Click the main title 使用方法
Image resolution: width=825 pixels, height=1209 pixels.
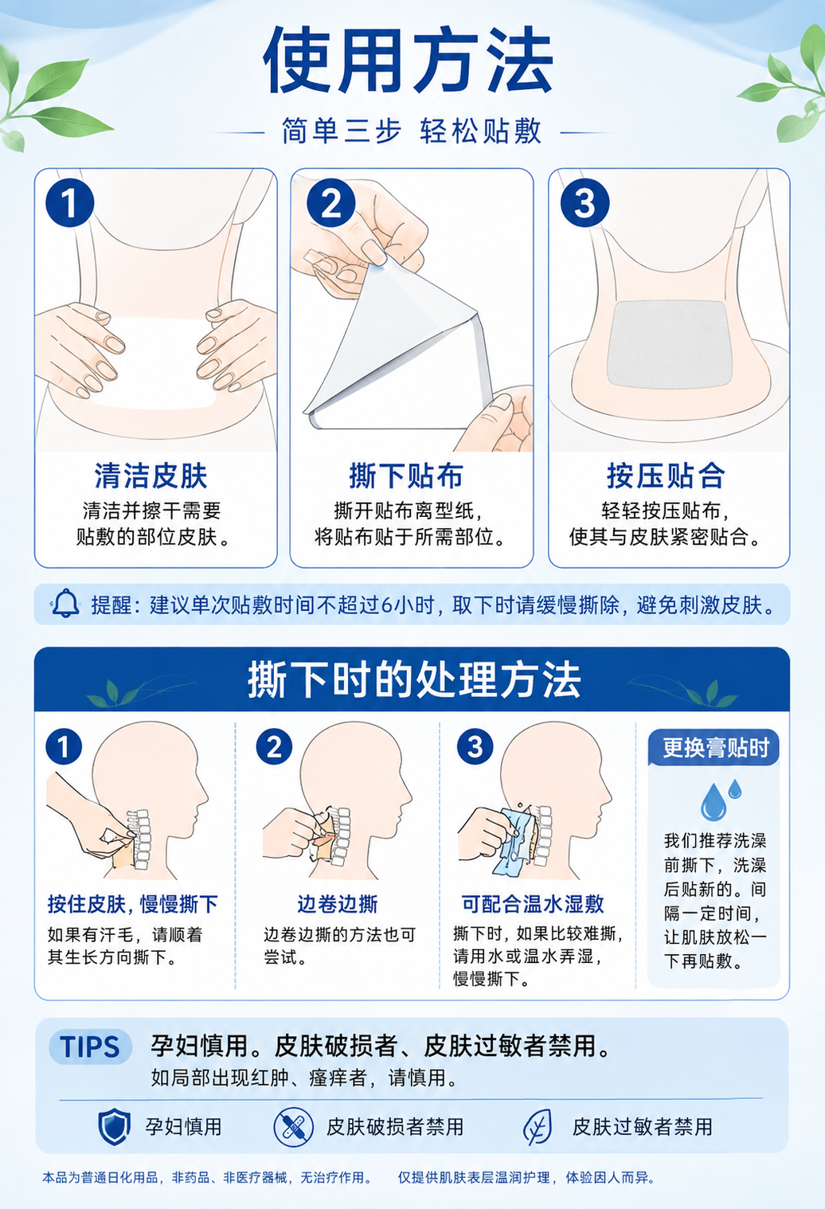click(x=409, y=60)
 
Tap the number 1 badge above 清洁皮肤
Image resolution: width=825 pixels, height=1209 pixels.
click(x=69, y=202)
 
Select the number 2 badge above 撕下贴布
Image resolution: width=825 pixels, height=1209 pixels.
click(x=330, y=202)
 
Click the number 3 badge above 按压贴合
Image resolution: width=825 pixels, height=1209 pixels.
click(x=585, y=202)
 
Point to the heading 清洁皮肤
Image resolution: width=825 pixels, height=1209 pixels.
click(x=151, y=475)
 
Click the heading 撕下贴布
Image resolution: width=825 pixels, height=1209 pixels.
click(x=406, y=475)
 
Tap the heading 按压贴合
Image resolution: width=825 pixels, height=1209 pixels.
click(x=667, y=475)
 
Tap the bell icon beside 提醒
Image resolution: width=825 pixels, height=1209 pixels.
click(x=65, y=604)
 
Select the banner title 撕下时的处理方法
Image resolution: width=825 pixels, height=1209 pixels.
click(x=414, y=680)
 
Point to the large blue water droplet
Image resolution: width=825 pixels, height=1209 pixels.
click(x=713, y=802)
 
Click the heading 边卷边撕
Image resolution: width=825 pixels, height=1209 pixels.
click(x=338, y=903)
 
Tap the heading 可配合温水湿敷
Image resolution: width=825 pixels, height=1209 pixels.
click(x=533, y=903)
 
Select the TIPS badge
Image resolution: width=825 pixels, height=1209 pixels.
click(x=90, y=1047)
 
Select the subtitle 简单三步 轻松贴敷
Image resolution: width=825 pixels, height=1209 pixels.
click(x=411, y=131)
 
